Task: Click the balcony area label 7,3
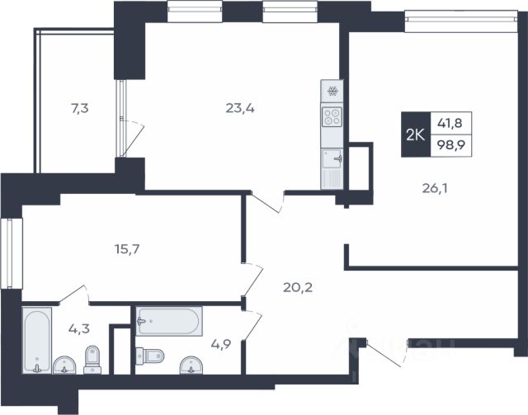[80, 108]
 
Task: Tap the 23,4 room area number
[240, 108]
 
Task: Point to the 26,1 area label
[435, 188]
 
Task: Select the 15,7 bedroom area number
[127, 249]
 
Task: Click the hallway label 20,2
[298, 287]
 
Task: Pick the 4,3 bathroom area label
[79, 328]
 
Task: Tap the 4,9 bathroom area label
[221, 344]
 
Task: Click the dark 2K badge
[416, 134]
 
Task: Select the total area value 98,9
[451, 145]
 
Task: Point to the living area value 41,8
[450, 123]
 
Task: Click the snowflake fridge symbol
[332, 91]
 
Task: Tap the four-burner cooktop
[332, 117]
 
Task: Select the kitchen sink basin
[332, 158]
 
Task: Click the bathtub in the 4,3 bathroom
[37, 340]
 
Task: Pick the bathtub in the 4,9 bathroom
[169, 321]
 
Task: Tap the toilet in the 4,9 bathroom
[150, 356]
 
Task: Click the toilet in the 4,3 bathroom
[92, 360]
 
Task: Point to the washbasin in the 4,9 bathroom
[191, 365]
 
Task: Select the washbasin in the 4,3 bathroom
[64, 365]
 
